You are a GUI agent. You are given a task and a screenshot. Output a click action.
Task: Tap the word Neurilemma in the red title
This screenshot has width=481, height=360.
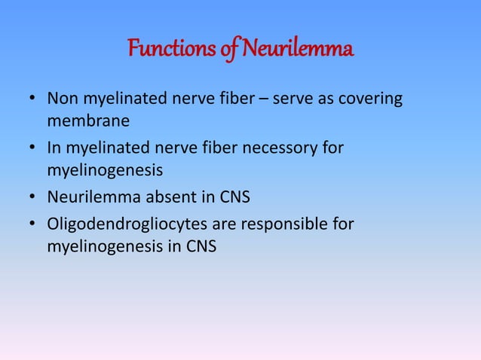pyautogui.click(x=297, y=51)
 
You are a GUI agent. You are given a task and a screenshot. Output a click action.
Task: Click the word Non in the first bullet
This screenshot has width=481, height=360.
pyautogui.click(x=63, y=99)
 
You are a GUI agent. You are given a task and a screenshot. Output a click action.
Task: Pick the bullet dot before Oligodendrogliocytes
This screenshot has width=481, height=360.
pyautogui.click(x=32, y=225)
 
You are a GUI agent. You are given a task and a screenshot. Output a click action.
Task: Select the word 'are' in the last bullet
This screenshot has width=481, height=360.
pyautogui.click(x=228, y=224)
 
